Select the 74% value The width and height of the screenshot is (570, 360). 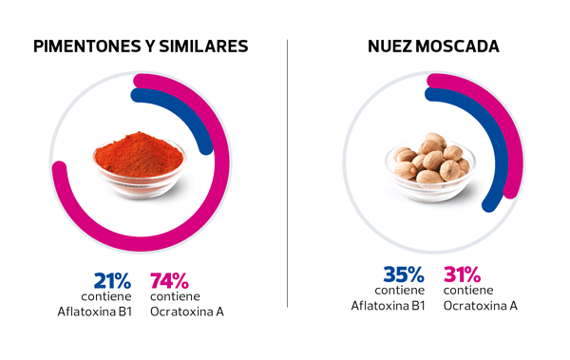(x=170, y=280)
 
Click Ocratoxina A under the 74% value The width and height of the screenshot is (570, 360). (x=186, y=311)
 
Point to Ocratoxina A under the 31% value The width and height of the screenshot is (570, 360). (x=481, y=305)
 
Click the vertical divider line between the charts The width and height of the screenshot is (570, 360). (x=287, y=171)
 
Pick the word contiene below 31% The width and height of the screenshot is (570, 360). (x=468, y=290)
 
